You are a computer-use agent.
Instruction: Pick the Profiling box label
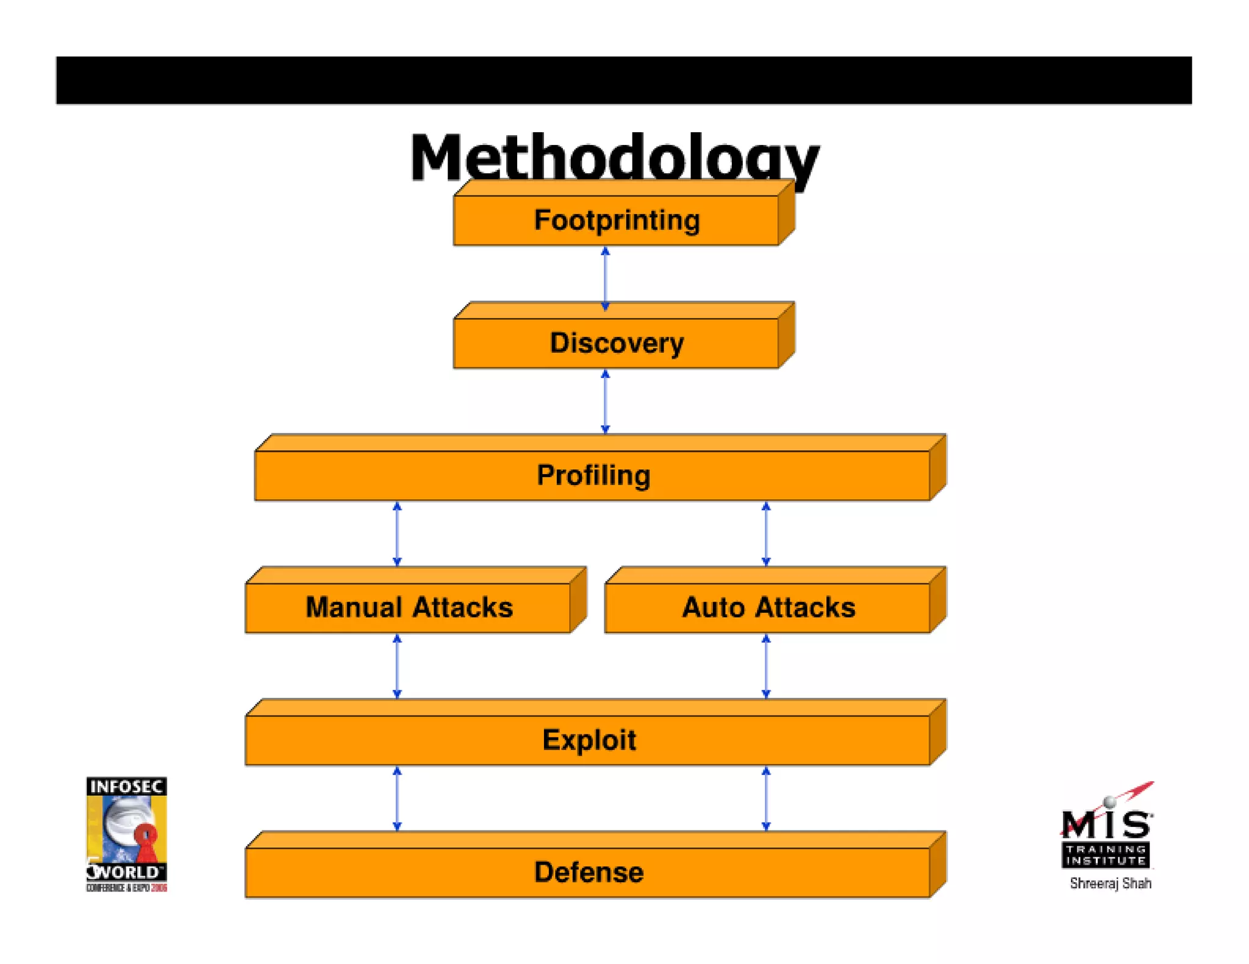coord(593,475)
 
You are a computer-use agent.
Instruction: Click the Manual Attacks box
coord(409,607)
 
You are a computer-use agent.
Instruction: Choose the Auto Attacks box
coord(768,607)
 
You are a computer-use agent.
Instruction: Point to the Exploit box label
coord(589,740)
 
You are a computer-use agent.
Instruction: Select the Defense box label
coord(589,872)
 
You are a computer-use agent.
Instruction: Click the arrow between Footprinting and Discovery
coord(605,278)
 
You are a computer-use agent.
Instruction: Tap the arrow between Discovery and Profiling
coord(605,402)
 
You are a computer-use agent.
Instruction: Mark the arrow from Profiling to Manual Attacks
coord(397,534)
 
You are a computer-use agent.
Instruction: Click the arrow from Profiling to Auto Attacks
coord(766,534)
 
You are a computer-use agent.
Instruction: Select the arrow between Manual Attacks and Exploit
coord(397,666)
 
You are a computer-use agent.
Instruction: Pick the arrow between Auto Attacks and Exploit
coord(766,666)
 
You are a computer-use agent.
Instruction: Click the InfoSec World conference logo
coord(126,834)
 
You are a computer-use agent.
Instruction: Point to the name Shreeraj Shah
coord(1111,884)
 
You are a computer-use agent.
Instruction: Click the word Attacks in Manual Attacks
coord(462,607)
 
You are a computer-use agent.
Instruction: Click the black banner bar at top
coord(623,80)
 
